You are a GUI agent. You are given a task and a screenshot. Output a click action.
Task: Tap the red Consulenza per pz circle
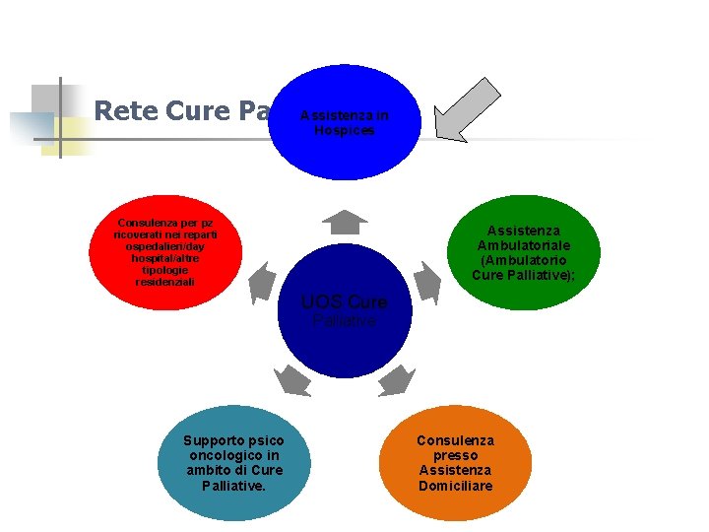coord(165,253)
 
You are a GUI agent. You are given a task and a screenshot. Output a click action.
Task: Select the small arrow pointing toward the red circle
coord(262,283)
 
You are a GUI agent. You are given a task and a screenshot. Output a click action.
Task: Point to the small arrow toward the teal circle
coord(290,379)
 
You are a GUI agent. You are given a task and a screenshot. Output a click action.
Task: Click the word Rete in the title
coord(125,111)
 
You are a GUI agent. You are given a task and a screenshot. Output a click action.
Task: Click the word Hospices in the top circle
coord(344,130)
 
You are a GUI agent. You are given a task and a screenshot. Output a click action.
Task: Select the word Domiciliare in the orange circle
coord(455,486)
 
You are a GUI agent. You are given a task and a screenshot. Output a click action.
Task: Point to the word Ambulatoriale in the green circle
coord(523,245)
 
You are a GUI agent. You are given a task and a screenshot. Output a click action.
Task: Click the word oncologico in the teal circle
coord(233,456)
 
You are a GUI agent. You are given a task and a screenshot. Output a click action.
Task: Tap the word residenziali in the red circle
coord(164,282)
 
